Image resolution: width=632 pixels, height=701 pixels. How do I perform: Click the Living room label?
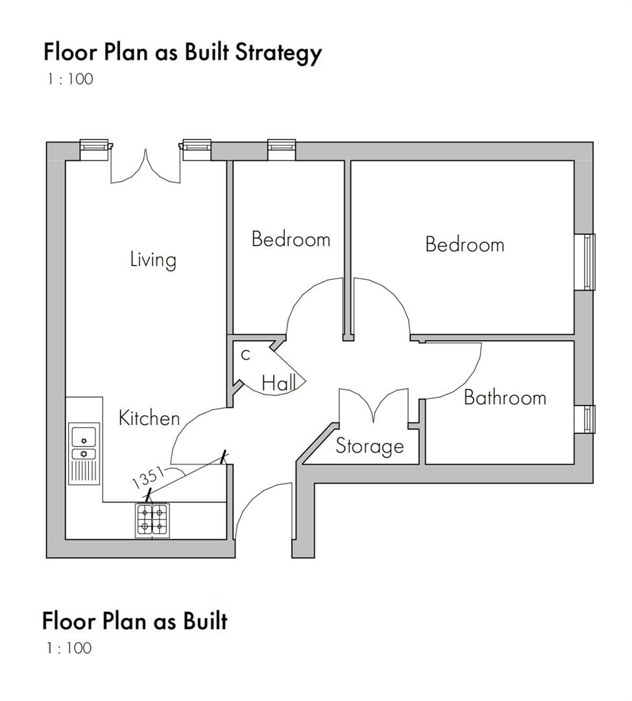tap(153, 260)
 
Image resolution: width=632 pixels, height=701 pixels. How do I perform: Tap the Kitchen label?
tap(149, 419)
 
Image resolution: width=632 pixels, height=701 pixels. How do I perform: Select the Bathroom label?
tap(505, 397)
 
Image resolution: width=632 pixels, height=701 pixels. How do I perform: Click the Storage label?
tap(369, 447)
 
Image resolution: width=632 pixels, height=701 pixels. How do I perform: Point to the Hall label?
tap(278, 384)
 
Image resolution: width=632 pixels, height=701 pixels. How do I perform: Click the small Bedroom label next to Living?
tap(291, 240)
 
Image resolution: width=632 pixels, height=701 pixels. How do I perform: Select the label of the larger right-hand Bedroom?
tap(465, 245)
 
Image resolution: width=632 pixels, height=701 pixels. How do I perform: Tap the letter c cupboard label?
tap(245, 354)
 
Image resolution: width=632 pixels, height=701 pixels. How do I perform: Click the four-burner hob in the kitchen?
tap(152, 520)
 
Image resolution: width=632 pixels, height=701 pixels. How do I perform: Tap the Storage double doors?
tap(374, 406)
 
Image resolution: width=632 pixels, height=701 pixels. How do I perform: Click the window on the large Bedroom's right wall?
tap(589, 262)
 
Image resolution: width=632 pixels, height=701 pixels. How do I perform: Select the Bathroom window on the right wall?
tap(589, 419)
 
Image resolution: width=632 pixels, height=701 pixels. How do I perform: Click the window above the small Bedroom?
tap(282, 150)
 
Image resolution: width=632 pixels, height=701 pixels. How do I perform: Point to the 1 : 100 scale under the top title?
tap(69, 79)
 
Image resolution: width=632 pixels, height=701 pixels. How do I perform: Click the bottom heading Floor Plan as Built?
tap(135, 621)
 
